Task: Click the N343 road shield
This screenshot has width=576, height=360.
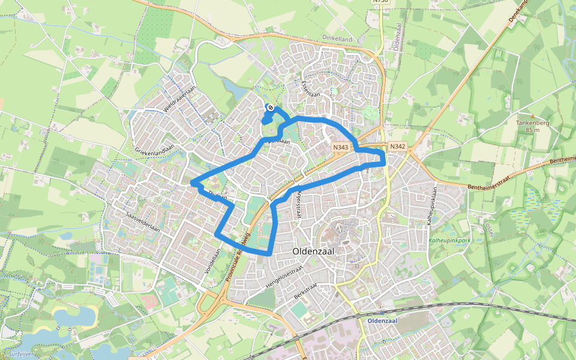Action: pyautogui.click(x=341, y=147)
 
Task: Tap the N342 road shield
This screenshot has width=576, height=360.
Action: pyautogui.click(x=398, y=146)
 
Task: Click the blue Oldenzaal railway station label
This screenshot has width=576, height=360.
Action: pyautogui.click(x=383, y=320)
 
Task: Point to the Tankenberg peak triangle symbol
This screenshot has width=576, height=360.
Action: pyautogui.click(x=532, y=116)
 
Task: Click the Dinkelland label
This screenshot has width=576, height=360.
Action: pyautogui.click(x=338, y=37)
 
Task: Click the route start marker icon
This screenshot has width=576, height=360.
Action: pyautogui.click(x=270, y=108)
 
